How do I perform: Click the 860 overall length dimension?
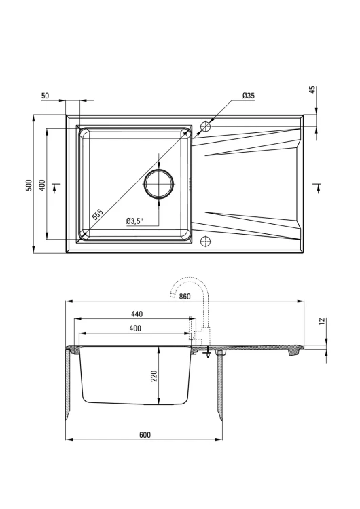184,297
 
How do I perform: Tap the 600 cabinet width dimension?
145,434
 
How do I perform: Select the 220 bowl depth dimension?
154,376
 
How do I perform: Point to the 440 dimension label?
137,314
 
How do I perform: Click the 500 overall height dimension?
29,185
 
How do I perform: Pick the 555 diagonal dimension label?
97,214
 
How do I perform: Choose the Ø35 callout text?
249,96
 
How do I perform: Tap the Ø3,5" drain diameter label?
135,221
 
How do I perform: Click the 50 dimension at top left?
45,96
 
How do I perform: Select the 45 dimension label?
312,90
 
